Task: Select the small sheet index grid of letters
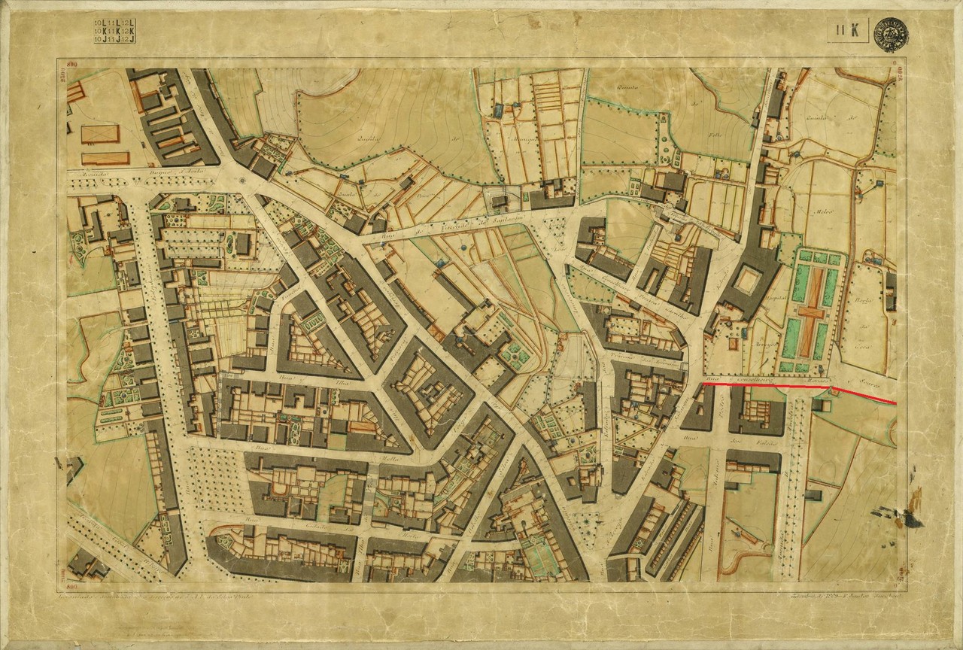pos(114,29)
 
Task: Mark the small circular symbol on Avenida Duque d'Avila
pos(241,181)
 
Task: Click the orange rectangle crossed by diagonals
pos(100,134)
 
